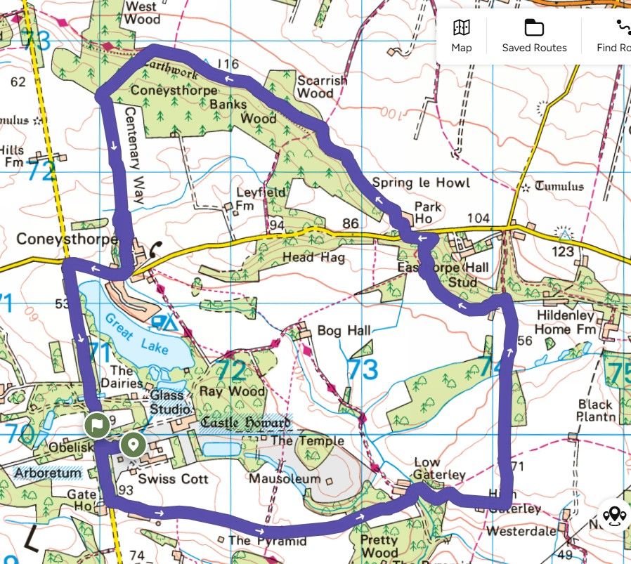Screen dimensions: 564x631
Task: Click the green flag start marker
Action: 96,425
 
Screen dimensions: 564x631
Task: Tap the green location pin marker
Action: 133,445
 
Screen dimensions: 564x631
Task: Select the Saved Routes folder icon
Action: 534,28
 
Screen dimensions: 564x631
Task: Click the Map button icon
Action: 462,28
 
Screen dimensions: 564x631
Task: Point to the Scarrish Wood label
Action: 322,86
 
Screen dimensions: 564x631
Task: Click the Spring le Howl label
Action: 420,183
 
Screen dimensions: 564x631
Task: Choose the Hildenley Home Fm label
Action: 565,322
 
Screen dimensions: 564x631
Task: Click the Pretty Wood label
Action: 379,546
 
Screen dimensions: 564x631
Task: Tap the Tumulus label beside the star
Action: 559,186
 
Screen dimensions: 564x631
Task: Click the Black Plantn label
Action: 596,410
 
